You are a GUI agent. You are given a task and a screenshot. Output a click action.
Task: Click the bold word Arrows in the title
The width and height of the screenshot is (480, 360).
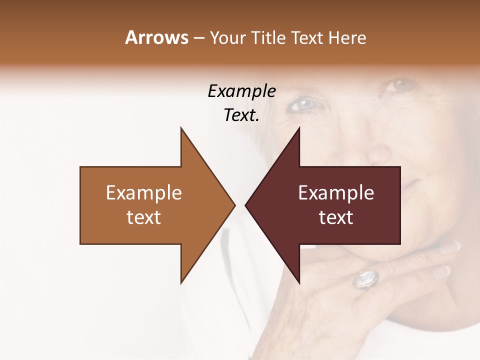(x=156, y=37)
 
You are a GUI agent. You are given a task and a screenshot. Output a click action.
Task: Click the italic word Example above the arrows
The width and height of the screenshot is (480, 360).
(x=241, y=91)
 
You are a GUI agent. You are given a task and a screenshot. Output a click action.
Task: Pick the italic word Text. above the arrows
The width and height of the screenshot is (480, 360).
(x=241, y=115)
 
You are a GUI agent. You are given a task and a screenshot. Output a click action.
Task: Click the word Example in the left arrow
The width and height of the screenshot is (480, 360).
(x=144, y=192)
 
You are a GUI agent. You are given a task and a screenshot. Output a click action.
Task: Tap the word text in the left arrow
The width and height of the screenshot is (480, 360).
(x=144, y=217)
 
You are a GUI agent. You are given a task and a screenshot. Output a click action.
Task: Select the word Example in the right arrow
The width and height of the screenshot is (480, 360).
(x=336, y=192)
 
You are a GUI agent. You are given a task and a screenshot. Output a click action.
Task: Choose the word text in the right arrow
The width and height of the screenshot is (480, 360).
(x=336, y=217)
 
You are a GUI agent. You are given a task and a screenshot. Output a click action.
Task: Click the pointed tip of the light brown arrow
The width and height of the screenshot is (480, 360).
(x=234, y=205)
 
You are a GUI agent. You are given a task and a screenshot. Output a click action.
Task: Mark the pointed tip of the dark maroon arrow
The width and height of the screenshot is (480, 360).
(x=246, y=205)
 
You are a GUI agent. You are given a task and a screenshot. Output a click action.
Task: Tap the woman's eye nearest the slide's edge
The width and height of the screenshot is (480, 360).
(x=400, y=85)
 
